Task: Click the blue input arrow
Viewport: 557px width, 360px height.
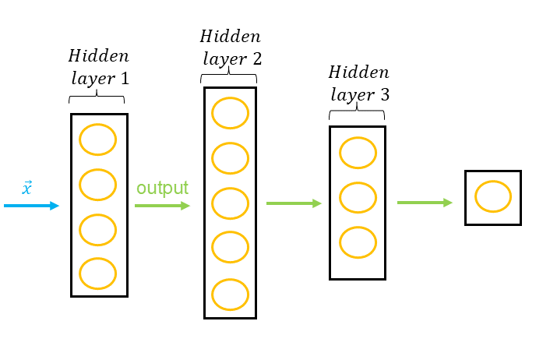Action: (31, 206)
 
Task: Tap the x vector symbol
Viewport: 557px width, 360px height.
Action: (27, 188)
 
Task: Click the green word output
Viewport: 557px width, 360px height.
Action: (163, 189)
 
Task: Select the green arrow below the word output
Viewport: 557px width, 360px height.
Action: (162, 206)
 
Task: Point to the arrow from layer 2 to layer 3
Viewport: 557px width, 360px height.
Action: (294, 203)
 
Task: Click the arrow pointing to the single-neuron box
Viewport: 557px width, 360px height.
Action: (425, 203)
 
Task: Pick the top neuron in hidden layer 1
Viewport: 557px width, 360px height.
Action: (98, 139)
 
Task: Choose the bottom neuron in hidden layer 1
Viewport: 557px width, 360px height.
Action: (98, 274)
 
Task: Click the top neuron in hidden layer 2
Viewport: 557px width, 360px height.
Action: (230, 113)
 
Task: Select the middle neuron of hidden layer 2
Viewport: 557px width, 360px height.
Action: (230, 203)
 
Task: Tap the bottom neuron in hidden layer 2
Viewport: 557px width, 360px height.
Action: (230, 295)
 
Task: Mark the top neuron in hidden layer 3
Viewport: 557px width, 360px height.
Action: (358, 152)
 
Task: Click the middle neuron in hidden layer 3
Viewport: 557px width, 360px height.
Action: (358, 197)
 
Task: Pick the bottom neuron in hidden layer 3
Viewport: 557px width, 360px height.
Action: (358, 242)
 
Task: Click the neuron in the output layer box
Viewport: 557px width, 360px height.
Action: (493, 196)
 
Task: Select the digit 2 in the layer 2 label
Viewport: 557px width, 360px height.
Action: (256, 59)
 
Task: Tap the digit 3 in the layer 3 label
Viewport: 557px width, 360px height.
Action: (384, 96)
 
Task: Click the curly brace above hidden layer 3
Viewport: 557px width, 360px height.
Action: (357, 115)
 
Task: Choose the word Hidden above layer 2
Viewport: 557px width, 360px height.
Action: (231, 37)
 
